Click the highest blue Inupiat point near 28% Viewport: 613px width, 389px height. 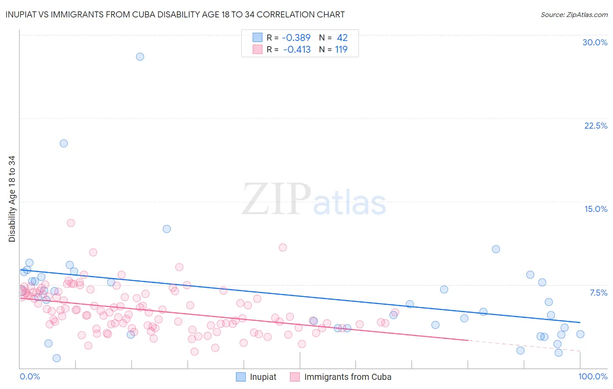point(140,57)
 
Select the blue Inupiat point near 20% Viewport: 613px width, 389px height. point(64,143)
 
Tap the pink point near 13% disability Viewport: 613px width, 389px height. point(71,223)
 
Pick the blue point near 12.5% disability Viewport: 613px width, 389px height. point(167,229)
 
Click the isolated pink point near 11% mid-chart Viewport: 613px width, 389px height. point(283,247)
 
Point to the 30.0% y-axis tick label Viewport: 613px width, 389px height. point(595,42)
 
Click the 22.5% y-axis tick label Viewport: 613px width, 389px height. point(596,126)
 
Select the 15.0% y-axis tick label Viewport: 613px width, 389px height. point(596,209)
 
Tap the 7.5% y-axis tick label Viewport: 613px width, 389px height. point(598,293)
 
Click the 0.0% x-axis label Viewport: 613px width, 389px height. point(30,376)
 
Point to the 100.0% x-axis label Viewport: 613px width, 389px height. point(593,376)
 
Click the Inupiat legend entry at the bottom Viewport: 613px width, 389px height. point(256,377)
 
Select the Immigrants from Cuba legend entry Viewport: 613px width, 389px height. point(341,377)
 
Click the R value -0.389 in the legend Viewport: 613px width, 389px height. point(296,38)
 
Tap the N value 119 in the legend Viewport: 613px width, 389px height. point(341,50)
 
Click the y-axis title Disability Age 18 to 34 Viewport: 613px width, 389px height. point(12,199)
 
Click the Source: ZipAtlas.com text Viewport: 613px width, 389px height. point(574,15)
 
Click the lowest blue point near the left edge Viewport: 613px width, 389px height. point(57,358)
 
